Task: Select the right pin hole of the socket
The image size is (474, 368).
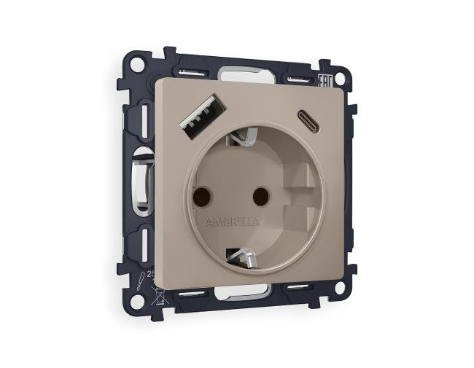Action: (x=256, y=196)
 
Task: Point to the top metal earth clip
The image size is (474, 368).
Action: (x=241, y=136)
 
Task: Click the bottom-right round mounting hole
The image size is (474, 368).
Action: (x=338, y=287)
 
